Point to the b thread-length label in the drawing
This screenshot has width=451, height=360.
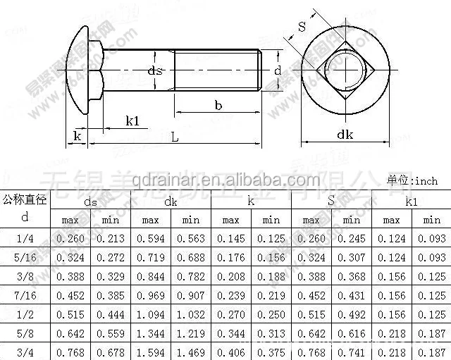click(x=219, y=105)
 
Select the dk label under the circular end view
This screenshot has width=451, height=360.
click(x=345, y=134)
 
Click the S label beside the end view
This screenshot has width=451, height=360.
click(x=302, y=27)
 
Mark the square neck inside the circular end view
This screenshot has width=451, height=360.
click(x=345, y=71)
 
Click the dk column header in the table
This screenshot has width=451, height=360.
click(x=171, y=201)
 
